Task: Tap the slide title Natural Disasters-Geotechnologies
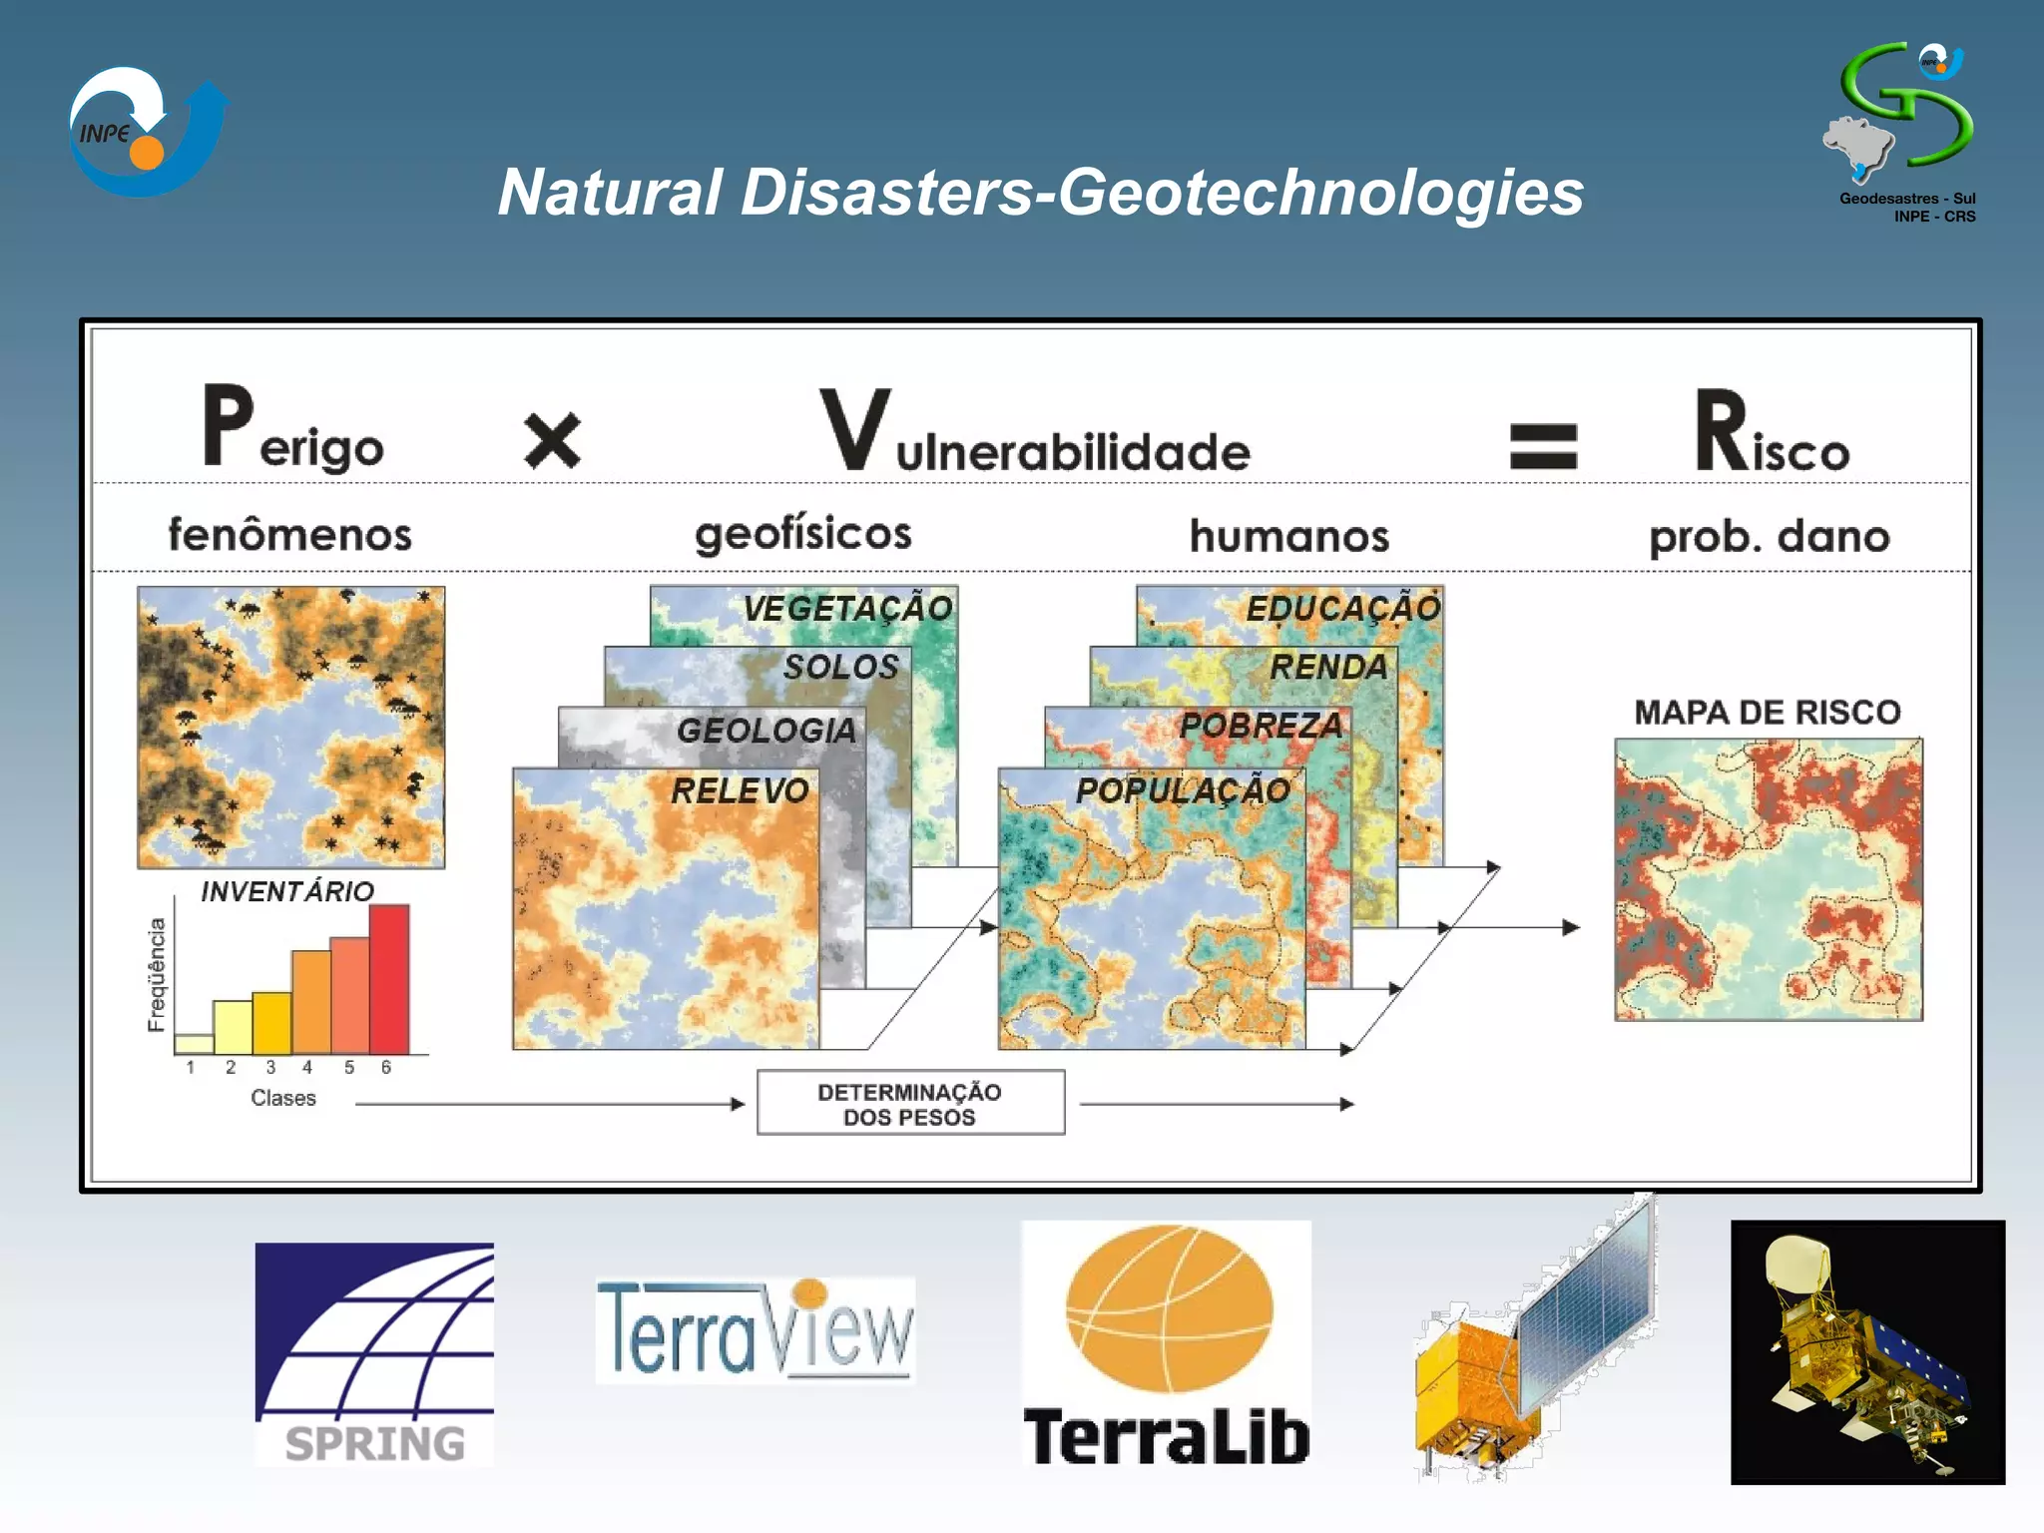click(1040, 192)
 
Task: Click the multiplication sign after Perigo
click(552, 441)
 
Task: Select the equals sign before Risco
click(1543, 445)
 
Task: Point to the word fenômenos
click(289, 535)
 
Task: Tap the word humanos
click(1288, 536)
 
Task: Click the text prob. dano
click(1769, 537)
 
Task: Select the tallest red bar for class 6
click(389, 979)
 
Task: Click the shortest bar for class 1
click(194, 1043)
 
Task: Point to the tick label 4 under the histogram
click(307, 1068)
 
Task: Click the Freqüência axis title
click(157, 974)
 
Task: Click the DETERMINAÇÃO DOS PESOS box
click(910, 1103)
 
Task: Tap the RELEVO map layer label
click(739, 790)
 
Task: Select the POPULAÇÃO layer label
click(1183, 790)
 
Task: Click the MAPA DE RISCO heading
click(1768, 712)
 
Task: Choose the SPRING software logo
click(374, 1353)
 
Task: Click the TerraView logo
click(755, 1329)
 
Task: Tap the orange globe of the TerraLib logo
click(1169, 1308)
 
